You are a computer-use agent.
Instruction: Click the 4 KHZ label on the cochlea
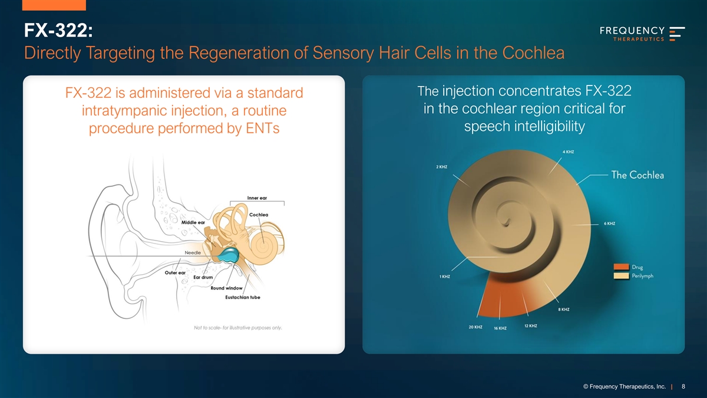coord(568,152)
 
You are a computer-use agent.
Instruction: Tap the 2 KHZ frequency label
coord(441,167)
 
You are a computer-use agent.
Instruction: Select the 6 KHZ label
coord(609,223)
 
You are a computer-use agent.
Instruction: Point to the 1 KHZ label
coord(445,277)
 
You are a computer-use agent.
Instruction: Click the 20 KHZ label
coord(475,327)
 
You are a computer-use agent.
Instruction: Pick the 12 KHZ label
coord(531,325)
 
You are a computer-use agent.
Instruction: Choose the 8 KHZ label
coord(564,309)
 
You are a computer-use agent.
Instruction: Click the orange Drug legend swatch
coord(621,267)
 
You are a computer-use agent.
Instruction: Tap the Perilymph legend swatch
coord(621,276)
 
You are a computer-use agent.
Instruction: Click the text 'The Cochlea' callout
coord(637,175)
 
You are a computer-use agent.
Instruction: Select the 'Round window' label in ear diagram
coord(226,288)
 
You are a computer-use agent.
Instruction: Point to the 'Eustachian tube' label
coord(243,297)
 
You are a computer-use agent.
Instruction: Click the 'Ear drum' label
coord(203,277)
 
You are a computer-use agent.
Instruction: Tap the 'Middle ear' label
coord(193,222)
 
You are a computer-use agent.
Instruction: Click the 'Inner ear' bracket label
coord(257,198)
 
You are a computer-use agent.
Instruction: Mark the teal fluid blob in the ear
coord(228,255)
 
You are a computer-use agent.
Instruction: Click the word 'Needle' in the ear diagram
coord(193,253)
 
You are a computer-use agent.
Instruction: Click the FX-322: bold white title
coord(58,31)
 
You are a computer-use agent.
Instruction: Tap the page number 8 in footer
coord(683,386)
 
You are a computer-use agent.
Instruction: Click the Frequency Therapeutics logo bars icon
coord(677,34)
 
